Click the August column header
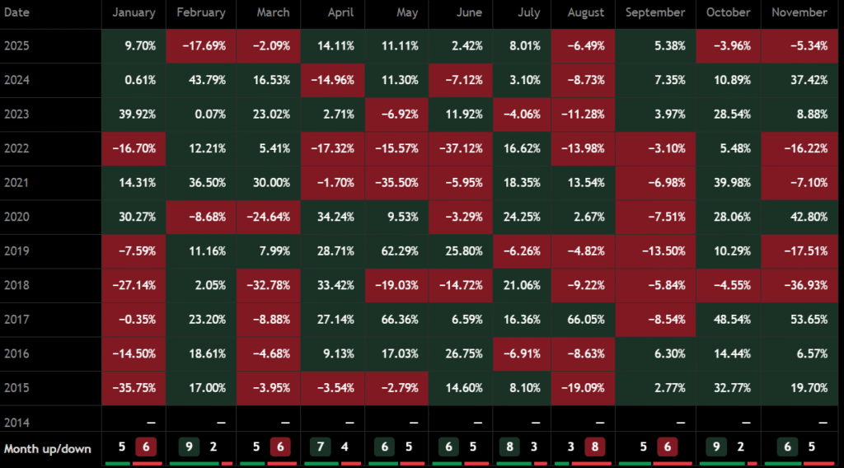point(586,12)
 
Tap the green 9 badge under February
point(190,447)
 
